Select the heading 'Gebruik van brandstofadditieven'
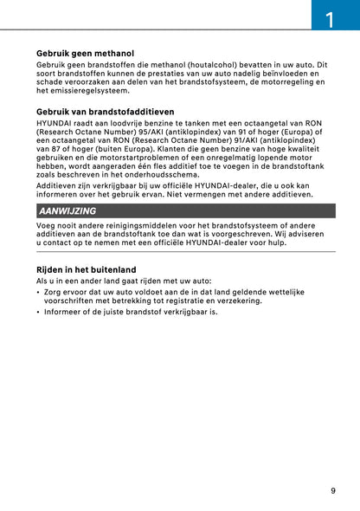106,112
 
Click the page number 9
332,491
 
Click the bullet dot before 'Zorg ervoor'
38,293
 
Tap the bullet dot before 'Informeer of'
38,312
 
